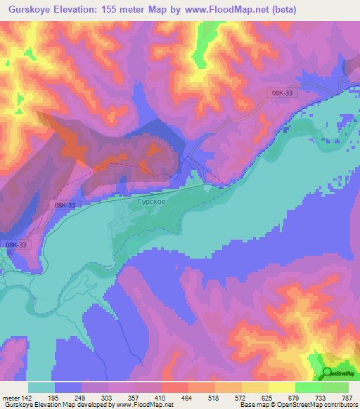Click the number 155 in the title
pyautogui.click(x=111, y=10)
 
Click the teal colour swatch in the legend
pyautogui.click(x=41, y=388)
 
